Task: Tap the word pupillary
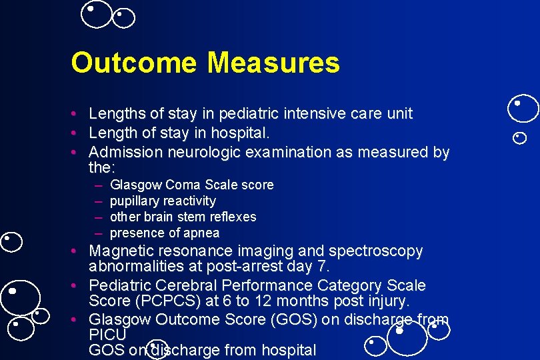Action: pos(135,201)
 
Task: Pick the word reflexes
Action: pos(234,217)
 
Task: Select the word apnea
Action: pos(203,233)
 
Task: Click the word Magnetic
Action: pos(120,251)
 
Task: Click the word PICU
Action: pos(107,334)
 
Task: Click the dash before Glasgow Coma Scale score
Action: pos(98,185)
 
